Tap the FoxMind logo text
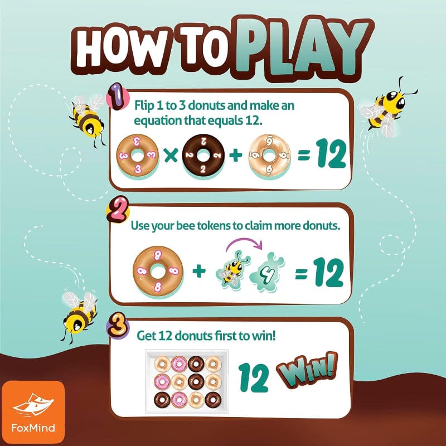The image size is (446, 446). [33, 428]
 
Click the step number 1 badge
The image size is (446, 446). [117, 96]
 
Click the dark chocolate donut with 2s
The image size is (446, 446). [203, 156]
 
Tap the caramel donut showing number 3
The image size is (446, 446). [138, 156]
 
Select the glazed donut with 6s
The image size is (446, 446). [269, 156]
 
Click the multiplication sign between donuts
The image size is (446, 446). [171, 156]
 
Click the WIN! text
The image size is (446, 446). [307, 370]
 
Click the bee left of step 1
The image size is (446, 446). [87, 120]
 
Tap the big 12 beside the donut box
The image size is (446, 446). [254, 378]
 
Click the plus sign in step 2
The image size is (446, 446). [199, 271]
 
